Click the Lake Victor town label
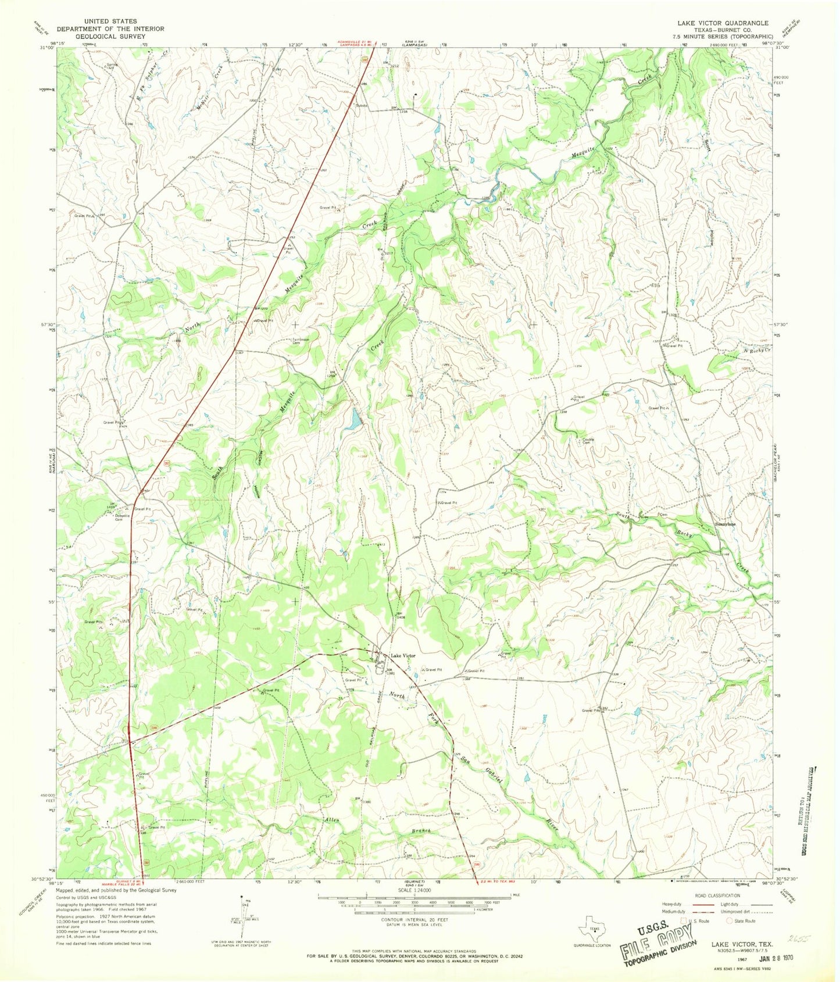tap(403, 656)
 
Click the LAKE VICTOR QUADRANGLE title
tap(722, 23)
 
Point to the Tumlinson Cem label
tap(300, 341)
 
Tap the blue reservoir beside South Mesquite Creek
tap(352, 420)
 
